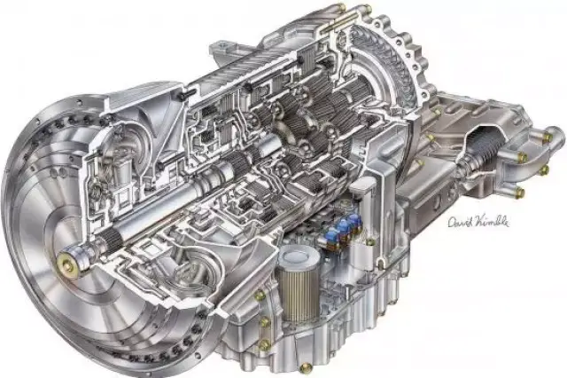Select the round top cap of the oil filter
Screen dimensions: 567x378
[x=299, y=256]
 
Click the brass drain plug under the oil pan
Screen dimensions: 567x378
[x=306, y=368]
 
